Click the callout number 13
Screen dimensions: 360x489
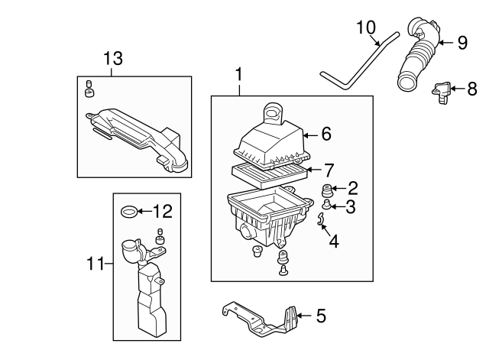(x=113, y=59)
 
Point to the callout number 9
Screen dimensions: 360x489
(x=461, y=43)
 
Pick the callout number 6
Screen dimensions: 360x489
(x=325, y=135)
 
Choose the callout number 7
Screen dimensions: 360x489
(x=329, y=169)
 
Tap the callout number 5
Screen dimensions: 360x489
(x=321, y=314)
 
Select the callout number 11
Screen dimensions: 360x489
(x=94, y=264)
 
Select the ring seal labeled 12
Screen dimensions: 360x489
(x=131, y=210)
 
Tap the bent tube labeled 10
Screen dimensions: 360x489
(x=359, y=61)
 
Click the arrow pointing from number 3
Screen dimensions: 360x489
(x=335, y=206)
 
